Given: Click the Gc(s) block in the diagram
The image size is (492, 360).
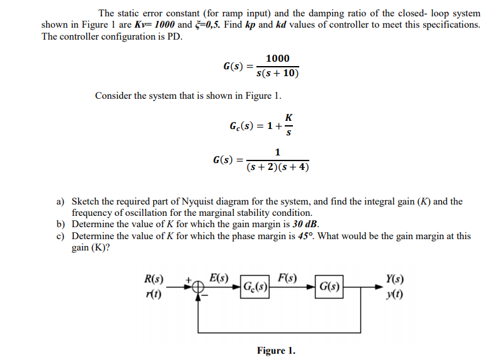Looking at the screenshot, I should click(x=256, y=289).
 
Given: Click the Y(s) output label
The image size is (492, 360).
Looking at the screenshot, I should click(x=395, y=279).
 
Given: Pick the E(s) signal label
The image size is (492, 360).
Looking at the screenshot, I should click(x=219, y=278).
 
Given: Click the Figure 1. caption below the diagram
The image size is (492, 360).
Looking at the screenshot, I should click(x=275, y=351).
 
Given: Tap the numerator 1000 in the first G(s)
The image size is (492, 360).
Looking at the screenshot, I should click(x=278, y=59).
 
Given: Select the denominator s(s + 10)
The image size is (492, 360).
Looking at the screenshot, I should click(x=278, y=73).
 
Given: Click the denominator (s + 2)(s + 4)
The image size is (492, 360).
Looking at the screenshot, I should click(x=278, y=167).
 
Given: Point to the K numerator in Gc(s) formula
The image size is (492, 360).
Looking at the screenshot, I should click(x=289, y=117).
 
